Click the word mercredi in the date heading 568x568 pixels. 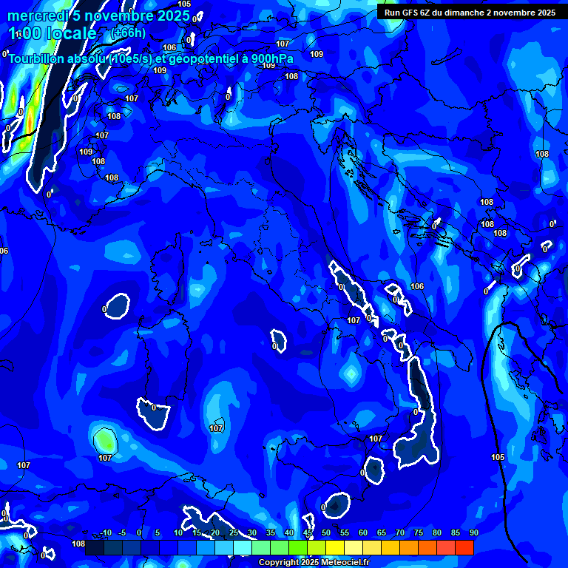click(35, 16)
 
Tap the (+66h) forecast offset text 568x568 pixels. click(129, 33)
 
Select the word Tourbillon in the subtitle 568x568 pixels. click(39, 59)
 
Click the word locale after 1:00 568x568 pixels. click(72, 33)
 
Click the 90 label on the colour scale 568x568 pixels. click(473, 532)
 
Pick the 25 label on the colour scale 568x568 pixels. click(234, 532)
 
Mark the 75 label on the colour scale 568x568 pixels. click(419, 532)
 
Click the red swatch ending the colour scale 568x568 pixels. click(464, 547)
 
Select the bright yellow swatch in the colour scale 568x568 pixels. click(335, 547)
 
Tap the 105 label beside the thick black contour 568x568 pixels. click(498, 457)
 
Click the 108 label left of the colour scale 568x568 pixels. click(78, 544)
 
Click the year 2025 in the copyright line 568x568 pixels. click(311, 563)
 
